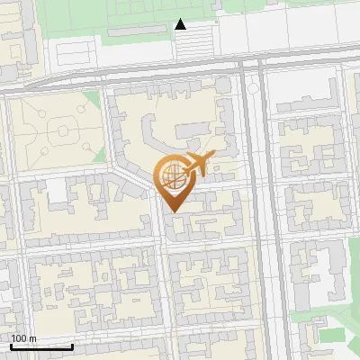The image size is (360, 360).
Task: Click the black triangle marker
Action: [x=181, y=24]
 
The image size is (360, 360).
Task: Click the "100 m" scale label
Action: [x=24, y=338]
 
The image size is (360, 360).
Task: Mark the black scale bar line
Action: [x=41, y=346]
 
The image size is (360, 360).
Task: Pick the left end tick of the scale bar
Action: [x=11, y=345]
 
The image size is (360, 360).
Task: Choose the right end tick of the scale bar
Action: [x=72, y=345]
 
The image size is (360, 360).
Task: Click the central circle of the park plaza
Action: [x=63, y=131]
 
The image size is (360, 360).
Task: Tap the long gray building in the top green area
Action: [x=135, y=31]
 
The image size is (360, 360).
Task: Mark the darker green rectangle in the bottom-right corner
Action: [x=333, y=334]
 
